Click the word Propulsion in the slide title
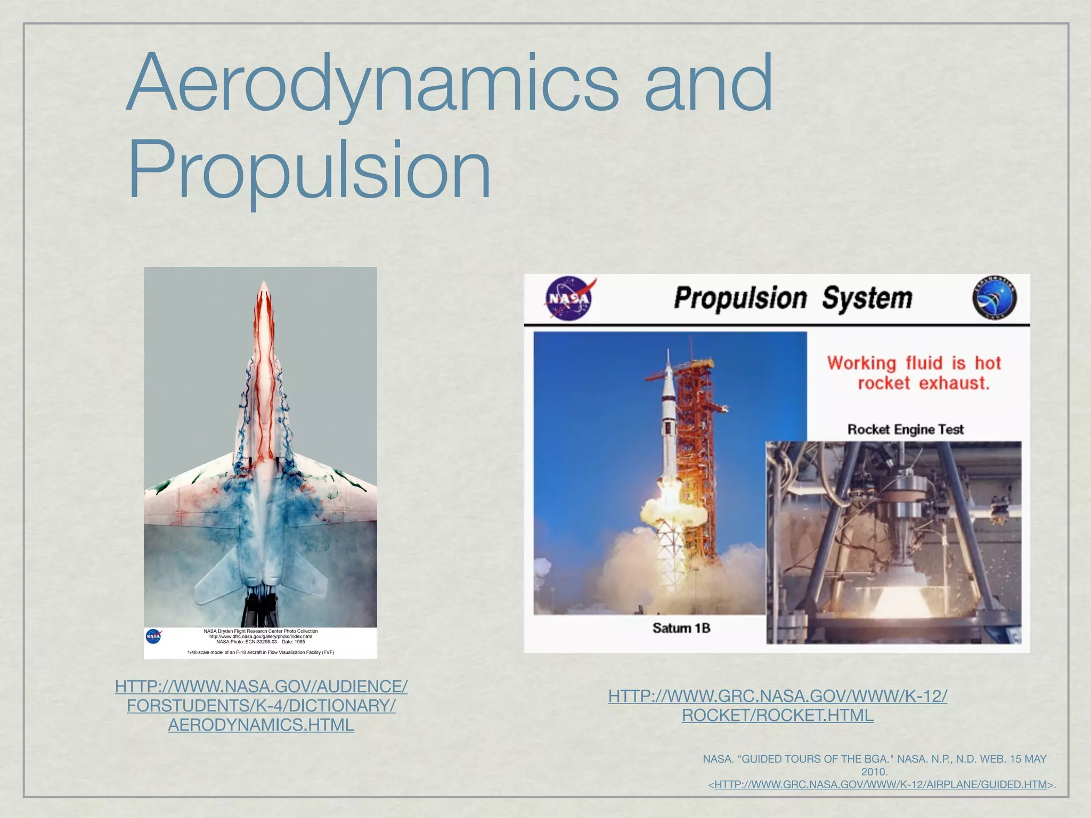(x=309, y=169)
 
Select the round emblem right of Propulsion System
(x=994, y=298)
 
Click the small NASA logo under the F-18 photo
(x=153, y=636)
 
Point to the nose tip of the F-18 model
(x=263, y=285)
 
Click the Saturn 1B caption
(x=681, y=628)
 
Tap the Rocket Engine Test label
(x=905, y=429)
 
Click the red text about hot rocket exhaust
(x=914, y=373)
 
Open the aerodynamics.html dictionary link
(x=261, y=706)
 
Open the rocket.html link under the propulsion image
(x=777, y=706)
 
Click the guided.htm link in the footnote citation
(x=880, y=784)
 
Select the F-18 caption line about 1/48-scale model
(x=260, y=652)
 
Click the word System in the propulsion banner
(x=867, y=298)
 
